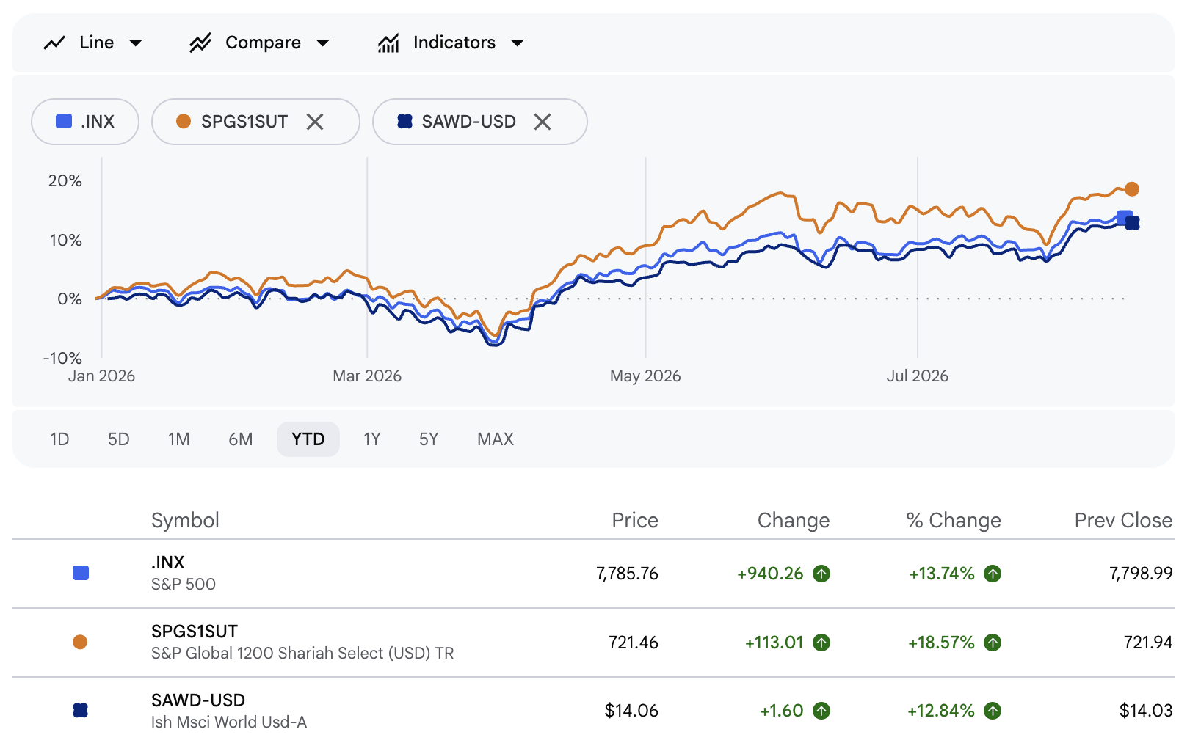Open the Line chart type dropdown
[92, 43]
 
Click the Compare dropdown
[259, 43]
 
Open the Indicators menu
[451, 43]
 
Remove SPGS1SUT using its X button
[315, 122]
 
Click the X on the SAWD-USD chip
[543, 122]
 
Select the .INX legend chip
[85, 122]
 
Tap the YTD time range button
[308, 439]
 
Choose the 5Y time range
[429, 439]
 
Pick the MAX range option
[496, 439]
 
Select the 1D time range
[59, 439]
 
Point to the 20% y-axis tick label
[65, 181]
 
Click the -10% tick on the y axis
[62, 358]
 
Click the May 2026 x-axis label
[645, 376]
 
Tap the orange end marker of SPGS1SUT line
[1132, 189]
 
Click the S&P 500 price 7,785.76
[627, 574]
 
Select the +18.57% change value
[941, 642]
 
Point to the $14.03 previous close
[1146, 711]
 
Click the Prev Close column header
[1123, 520]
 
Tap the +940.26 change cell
[770, 574]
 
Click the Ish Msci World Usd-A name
[229, 722]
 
